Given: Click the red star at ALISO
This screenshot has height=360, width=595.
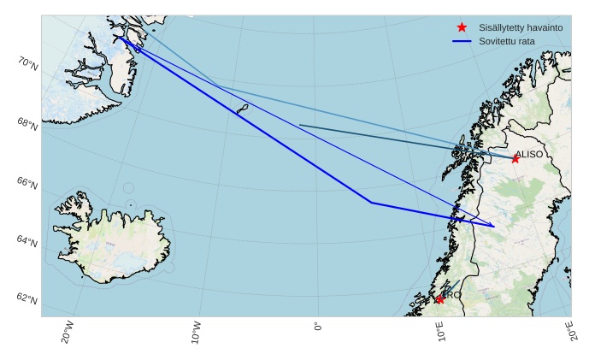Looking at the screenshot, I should coord(515,159).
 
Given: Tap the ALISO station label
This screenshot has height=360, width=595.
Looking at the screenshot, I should coord(528,154).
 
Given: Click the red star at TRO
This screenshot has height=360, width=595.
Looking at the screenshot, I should coord(439,299).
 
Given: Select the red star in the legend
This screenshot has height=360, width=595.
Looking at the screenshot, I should coord(462,27).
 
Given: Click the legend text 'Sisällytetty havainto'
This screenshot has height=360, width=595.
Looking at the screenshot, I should coord(521,28).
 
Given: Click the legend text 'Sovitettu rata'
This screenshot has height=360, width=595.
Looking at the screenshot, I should coord(507,41).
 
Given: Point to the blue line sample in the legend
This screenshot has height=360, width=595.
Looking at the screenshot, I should coord(462,41).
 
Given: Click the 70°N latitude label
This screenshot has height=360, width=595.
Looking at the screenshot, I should coord(27,62).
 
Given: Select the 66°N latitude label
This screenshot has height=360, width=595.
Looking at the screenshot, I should coord(27,183).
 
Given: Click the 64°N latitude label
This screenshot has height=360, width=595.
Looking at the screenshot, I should coord(27,241).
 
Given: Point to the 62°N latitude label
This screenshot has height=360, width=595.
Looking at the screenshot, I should coord(27,299).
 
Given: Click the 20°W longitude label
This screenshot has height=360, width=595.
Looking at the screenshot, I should coord(68,332).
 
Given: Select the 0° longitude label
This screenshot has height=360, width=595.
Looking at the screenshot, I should coord(318,327).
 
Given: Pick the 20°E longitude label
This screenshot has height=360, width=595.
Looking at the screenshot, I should coord(571,331).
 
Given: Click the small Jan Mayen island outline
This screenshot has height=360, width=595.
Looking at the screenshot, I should coord(242,109).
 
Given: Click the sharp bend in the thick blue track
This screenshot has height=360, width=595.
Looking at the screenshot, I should coord(371,203).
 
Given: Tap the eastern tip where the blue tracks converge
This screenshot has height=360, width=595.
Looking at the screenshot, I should coord(494,227).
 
